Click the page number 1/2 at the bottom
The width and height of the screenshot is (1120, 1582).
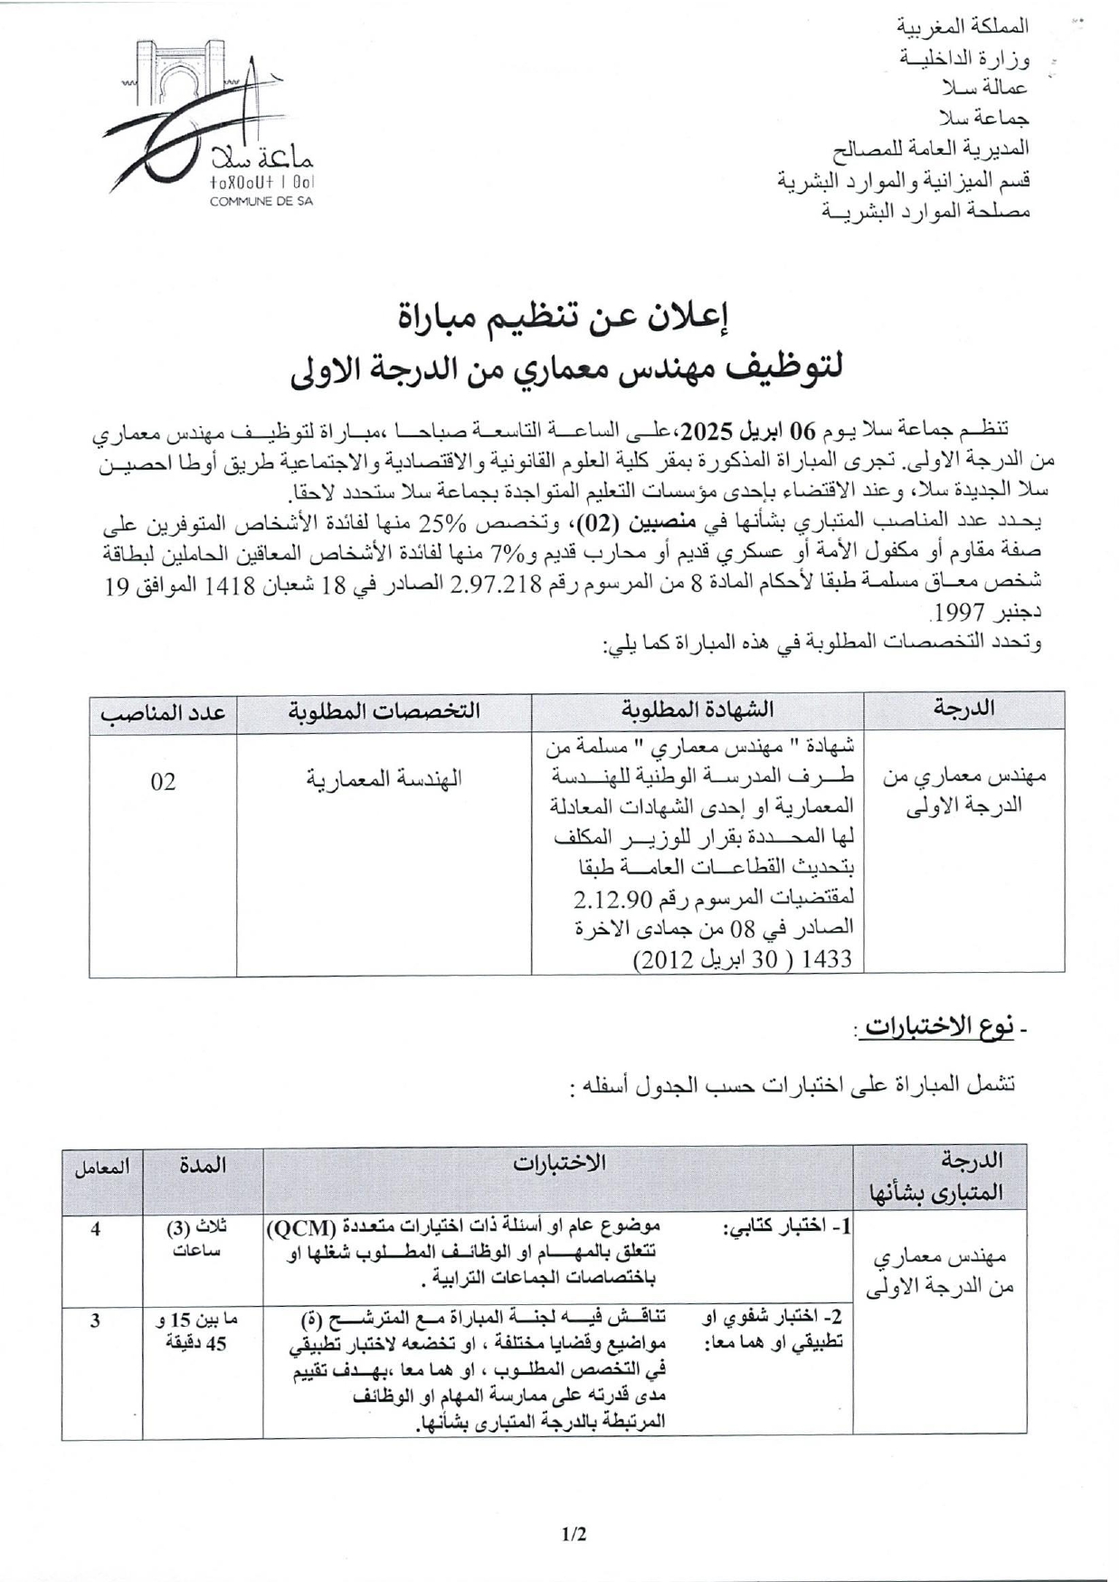tap(574, 1534)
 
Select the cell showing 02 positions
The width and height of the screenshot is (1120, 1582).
tap(163, 782)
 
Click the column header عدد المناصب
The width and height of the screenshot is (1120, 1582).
tap(163, 712)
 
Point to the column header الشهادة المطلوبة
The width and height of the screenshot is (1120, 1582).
tap(698, 710)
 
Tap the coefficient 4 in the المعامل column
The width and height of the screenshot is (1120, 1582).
tap(96, 1229)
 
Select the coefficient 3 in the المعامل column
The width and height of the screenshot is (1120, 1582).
tap(96, 1320)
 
